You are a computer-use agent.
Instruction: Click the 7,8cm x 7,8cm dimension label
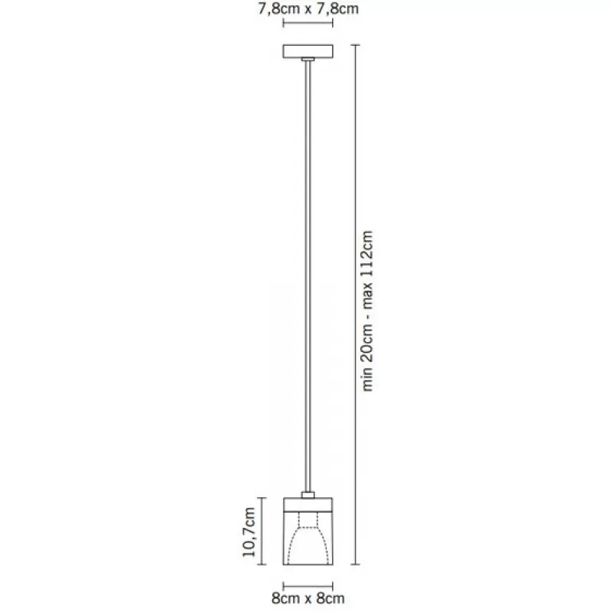(x=308, y=8)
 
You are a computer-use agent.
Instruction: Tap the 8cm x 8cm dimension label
(x=308, y=598)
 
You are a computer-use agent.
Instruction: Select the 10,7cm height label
(x=249, y=532)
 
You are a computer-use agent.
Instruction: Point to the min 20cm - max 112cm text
(x=367, y=311)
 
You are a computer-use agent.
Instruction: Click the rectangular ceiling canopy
(x=308, y=51)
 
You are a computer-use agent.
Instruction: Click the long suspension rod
(x=308, y=276)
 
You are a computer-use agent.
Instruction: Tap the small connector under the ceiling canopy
(x=308, y=60)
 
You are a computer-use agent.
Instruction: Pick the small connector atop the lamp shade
(x=308, y=495)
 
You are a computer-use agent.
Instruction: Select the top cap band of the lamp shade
(x=308, y=505)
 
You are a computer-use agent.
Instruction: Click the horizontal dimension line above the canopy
(x=308, y=23)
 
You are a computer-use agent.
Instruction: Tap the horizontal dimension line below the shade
(x=308, y=586)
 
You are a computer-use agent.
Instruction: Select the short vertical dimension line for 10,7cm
(x=262, y=531)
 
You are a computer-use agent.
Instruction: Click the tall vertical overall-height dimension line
(x=355, y=304)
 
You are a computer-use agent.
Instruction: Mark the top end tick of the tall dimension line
(x=355, y=45)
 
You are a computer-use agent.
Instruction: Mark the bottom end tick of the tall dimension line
(x=355, y=565)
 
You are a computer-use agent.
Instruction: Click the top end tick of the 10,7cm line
(x=262, y=498)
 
